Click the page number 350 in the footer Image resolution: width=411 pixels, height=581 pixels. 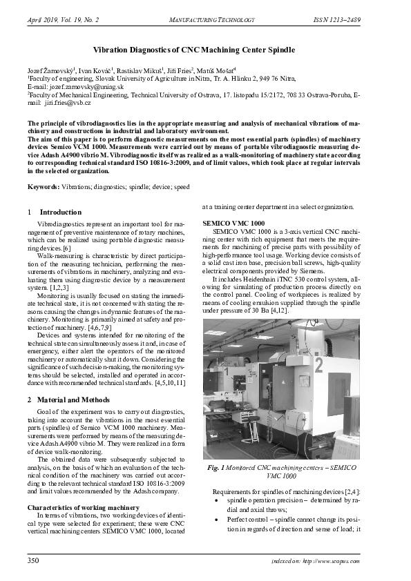(x=33, y=561)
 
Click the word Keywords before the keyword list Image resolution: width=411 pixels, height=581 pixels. (x=42, y=187)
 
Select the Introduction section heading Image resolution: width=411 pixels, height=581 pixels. (x=61, y=212)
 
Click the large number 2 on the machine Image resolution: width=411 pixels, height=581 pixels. (x=318, y=364)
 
